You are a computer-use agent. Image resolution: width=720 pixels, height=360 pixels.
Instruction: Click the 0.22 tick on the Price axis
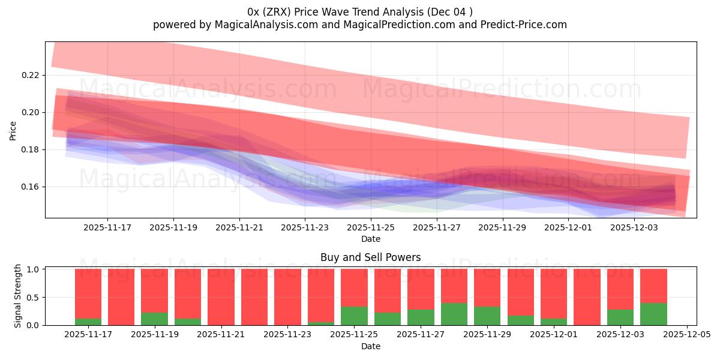[30, 75]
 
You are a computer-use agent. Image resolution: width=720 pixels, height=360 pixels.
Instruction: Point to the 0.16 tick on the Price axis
[30, 187]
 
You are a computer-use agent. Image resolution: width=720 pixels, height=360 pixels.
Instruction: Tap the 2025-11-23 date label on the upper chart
[305, 228]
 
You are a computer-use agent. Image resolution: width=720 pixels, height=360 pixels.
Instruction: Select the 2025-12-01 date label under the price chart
[569, 228]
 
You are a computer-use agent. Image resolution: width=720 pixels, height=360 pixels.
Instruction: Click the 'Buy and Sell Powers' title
[370, 257]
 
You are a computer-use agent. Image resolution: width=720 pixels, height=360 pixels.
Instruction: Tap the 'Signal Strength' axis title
[18, 296]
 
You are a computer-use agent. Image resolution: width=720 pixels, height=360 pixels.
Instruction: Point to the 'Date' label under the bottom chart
[370, 346]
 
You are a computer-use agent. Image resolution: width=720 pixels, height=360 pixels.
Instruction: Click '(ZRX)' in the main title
[277, 11]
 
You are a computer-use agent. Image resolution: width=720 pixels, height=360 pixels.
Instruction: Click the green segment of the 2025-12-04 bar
[653, 314]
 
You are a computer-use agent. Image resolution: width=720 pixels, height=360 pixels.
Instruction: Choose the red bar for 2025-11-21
[221, 297]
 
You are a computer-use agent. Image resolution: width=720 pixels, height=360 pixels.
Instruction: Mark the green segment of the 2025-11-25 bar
[354, 316]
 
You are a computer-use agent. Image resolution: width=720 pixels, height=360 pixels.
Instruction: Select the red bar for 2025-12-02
[587, 297]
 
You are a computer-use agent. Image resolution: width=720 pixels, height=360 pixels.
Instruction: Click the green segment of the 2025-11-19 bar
[155, 319]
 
